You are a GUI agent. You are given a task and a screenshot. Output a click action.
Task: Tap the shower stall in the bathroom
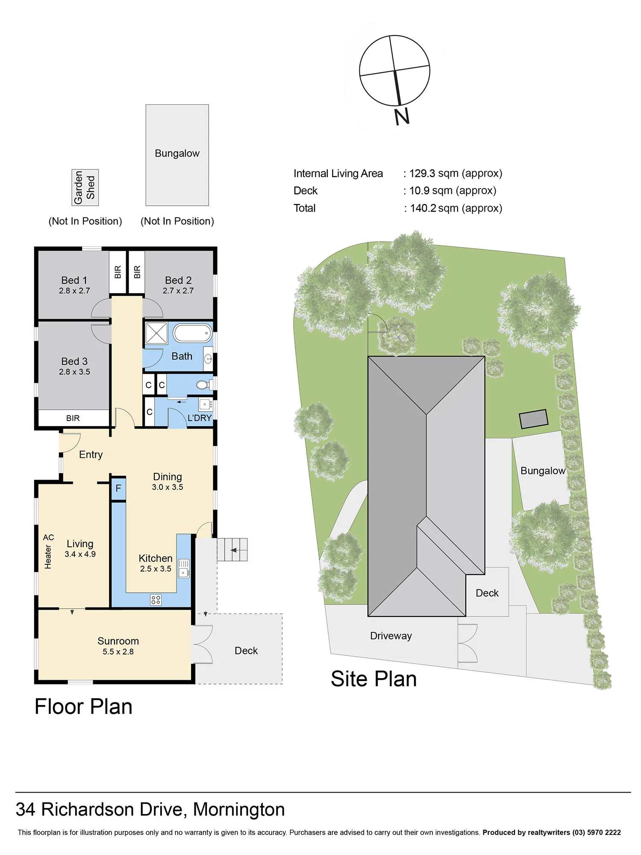[x=156, y=333]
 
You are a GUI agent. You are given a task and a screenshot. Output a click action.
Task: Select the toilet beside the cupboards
[x=204, y=385]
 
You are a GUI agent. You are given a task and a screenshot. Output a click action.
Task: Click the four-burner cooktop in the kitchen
[x=156, y=600]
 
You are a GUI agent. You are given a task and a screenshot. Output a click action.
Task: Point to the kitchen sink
[x=184, y=569]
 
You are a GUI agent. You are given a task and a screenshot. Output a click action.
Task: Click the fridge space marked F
[x=118, y=488]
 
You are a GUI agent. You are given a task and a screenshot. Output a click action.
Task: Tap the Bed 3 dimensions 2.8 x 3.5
[x=74, y=372]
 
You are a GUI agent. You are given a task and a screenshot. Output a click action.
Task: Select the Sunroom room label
[x=118, y=641]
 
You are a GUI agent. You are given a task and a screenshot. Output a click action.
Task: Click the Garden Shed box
[x=85, y=187]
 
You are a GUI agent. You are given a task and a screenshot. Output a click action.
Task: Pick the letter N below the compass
[x=402, y=116]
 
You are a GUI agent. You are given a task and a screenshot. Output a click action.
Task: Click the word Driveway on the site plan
[x=391, y=636]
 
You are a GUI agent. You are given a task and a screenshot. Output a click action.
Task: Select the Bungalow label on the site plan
[x=543, y=471]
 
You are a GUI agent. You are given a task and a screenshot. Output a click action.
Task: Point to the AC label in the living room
[x=48, y=537]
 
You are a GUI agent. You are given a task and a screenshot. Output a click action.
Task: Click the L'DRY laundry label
[x=200, y=418]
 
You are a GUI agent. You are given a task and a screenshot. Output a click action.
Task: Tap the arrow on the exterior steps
[x=234, y=550]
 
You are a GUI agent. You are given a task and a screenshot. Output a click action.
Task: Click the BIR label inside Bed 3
[x=73, y=418]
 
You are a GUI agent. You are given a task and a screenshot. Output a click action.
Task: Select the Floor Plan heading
[x=83, y=707]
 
